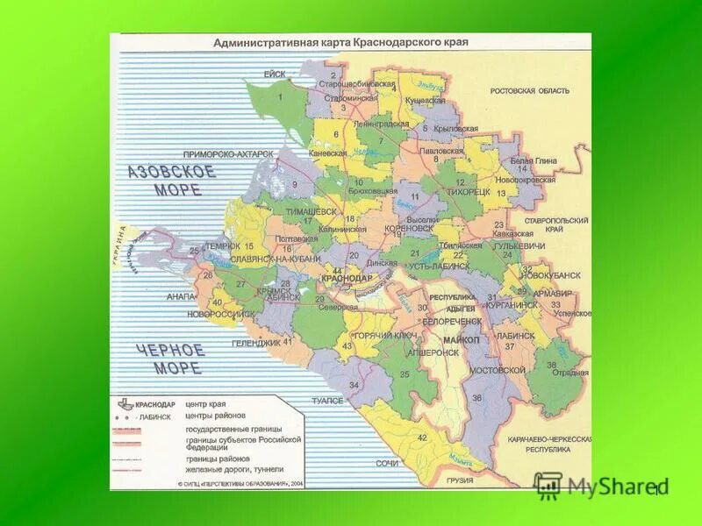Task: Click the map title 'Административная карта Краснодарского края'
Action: pyautogui.click(x=341, y=42)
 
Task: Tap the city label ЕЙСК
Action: pyautogui.click(x=275, y=75)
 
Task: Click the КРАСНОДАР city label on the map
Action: pyautogui.click(x=347, y=278)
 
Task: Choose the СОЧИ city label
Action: pyautogui.click(x=388, y=462)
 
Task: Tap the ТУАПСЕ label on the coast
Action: pyautogui.click(x=327, y=400)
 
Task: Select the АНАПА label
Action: pyautogui.click(x=180, y=297)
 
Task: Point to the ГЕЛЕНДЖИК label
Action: pyautogui.click(x=255, y=342)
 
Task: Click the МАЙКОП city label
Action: pyautogui.click(x=462, y=339)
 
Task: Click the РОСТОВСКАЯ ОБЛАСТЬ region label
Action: pyautogui.click(x=529, y=90)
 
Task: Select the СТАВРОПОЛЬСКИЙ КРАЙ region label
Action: pyautogui.click(x=556, y=225)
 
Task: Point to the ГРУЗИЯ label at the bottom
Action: pyautogui.click(x=459, y=480)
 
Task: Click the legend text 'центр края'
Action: pyautogui.click(x=205, y=404)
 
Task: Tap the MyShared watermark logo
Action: pyautogui.click(x=600, y=486)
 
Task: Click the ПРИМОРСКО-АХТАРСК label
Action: pyautogui.click(x=229, y=153)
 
